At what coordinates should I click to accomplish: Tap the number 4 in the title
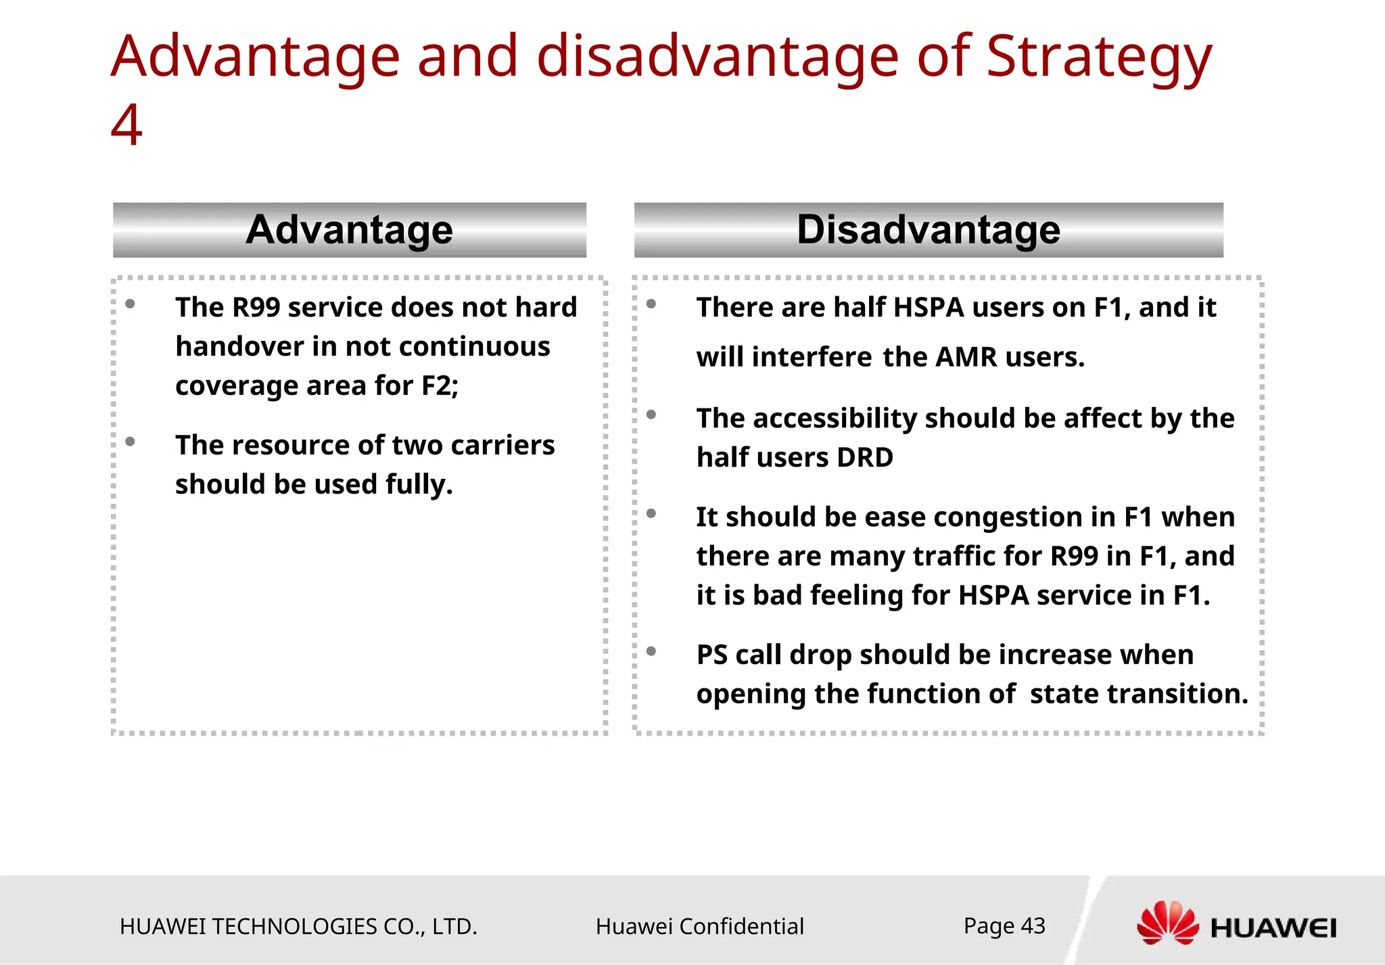point(126,126)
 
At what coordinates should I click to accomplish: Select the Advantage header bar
point(349,230)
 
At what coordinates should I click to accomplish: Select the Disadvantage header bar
point(928,230)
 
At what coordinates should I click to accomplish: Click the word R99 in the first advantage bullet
point(256,308)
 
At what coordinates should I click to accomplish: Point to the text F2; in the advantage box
point(440,386)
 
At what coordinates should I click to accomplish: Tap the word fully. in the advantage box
point(419,485)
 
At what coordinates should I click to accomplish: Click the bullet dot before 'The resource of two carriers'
point(131,442)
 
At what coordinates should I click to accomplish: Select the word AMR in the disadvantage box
point(966,357)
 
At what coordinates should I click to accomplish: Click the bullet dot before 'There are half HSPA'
point(651,304)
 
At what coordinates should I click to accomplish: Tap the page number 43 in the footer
point(1033,926)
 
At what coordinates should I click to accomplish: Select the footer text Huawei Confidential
point(699,926)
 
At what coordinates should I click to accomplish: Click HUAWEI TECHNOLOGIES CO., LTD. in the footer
point(298,926)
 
